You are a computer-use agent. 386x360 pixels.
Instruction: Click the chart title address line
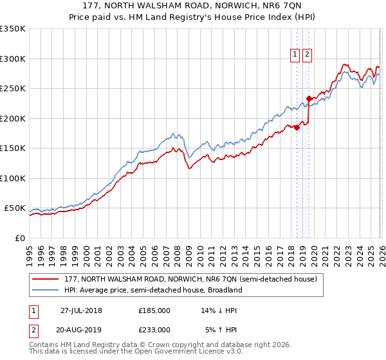click(192, 6)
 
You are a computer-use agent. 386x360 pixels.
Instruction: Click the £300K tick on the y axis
click(13, 59)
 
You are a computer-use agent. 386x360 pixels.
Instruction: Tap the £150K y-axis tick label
click(13, 148)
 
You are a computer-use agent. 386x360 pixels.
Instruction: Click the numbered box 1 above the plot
click(295, 55)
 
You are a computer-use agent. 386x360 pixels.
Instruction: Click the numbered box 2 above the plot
click(307, 55)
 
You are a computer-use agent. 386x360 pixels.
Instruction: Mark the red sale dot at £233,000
click(309, 98)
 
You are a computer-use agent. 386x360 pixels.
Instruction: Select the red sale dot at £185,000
click(297, 127)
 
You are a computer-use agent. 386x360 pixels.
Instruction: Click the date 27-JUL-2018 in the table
click(82, 310)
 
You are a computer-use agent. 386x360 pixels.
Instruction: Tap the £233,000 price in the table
click(154, 329)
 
